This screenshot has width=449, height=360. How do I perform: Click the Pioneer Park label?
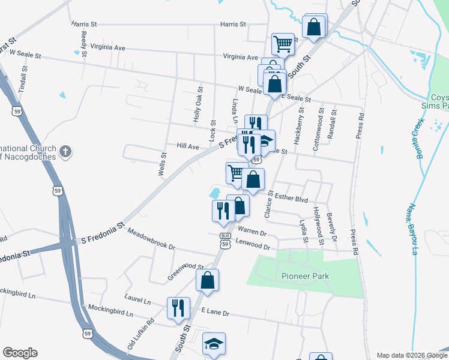[x=305, y=277]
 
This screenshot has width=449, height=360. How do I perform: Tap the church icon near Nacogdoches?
[x=66, y=152]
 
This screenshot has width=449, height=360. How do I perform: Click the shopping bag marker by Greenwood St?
[x=207, y=280]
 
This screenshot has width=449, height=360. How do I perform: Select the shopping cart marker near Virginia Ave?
[x=283, y=43]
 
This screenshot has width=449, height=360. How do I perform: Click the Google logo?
[x=20, y=353]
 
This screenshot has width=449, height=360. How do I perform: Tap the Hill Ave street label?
[x=188, y=146]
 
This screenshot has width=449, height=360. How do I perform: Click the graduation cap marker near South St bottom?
[x=213, y=343]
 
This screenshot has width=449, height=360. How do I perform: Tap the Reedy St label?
[x=83, y=38]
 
